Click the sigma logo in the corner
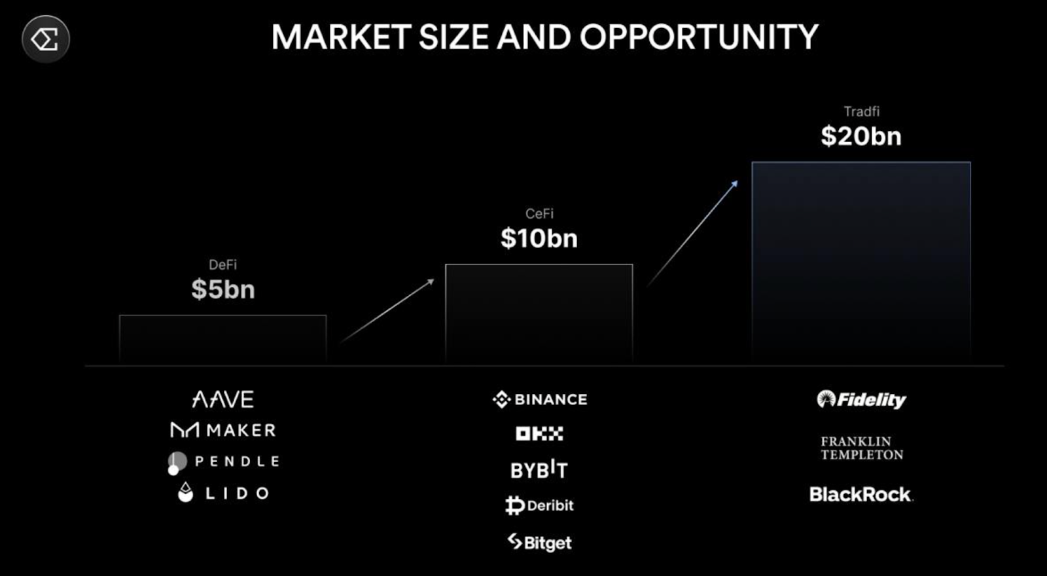point(46,39)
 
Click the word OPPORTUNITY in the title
point(700,37)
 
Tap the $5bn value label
point(223,289)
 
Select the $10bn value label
point(539,238)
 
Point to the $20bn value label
point(861,136)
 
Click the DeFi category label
point(223,264)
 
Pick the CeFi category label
point(539,213)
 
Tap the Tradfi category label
point(861,111)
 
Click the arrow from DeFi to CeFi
point(387,311)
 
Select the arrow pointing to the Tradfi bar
point(693,233)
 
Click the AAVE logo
point(223,399)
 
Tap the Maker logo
point(223,430)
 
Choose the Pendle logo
point(223,463)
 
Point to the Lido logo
point(223,493)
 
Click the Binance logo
point(540,399)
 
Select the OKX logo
point(539,433)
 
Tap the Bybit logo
point(539,469)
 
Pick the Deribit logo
point(539,505)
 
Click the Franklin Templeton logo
point(862,448)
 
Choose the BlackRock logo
point(861,494)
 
